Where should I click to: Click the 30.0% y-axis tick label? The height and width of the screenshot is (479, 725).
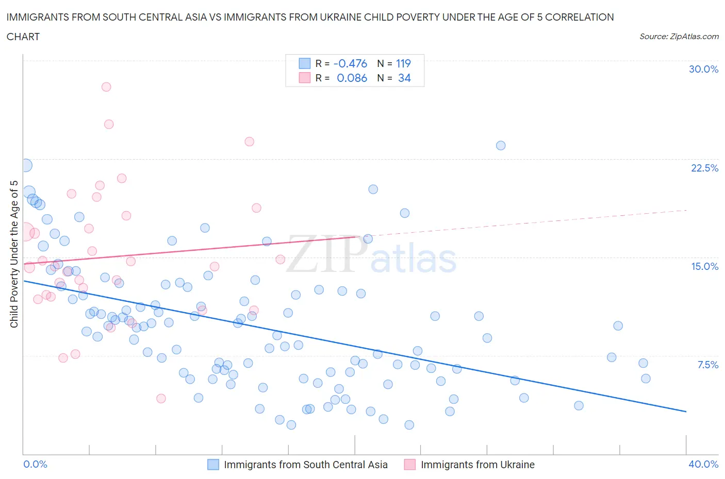[x=703, y=69]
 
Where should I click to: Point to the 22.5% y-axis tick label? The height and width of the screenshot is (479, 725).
[x=704, y=168]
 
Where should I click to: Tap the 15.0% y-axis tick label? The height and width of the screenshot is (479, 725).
[x=704, y=266]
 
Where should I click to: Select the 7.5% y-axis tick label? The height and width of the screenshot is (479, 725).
[x=707, y=365]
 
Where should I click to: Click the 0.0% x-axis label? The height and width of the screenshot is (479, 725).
[x=35, y=464]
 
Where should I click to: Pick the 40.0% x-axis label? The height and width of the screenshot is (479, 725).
[x=703, y=464]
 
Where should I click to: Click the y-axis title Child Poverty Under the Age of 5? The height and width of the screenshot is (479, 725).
[x=14, y=254]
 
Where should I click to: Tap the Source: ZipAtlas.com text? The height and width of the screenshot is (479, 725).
[x=679, y=37]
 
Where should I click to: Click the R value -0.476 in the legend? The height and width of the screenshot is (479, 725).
[x=350, y=63]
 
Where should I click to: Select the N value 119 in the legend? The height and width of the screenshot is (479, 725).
[x=403, y=63]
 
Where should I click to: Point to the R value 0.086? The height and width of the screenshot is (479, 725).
[x=352, y=78]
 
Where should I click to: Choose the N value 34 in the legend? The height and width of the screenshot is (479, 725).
[x=404, y=78]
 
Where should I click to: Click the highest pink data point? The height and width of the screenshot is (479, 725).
[x=106, y=87]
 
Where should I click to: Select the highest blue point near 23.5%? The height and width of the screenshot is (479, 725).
[x=501, y=145]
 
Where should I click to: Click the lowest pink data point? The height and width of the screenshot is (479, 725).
[x=161, y=398]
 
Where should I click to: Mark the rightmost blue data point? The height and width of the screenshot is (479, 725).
[x=646, y=379]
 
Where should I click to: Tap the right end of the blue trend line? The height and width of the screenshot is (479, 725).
[x=686, y=411]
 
